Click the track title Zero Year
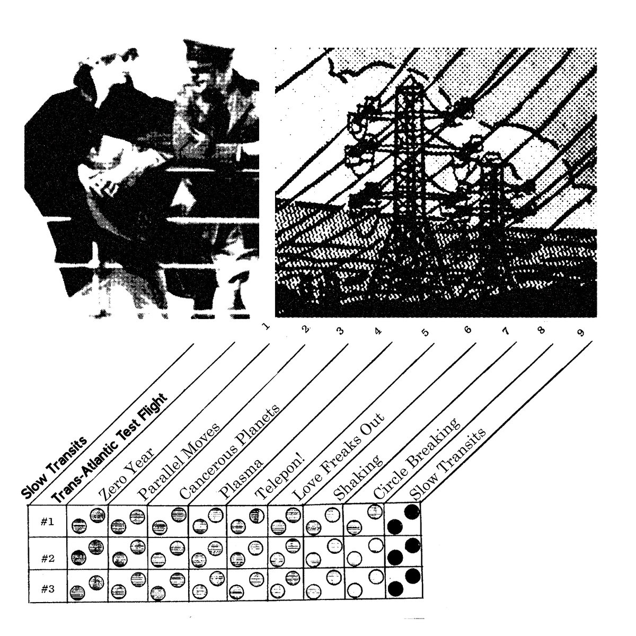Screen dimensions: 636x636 coord(127,474)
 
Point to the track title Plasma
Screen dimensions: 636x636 coord(241,479)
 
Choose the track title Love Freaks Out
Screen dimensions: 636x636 coord(339,456)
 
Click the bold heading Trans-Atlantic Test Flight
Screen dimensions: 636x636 coord(110,448)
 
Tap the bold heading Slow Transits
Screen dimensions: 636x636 coord(54,467)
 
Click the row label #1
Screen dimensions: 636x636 coord(47,522)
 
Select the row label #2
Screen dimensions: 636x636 coord(48,559)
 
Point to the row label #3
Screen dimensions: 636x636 coord(48,589)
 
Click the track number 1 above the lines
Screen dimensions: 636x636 coord(266,326)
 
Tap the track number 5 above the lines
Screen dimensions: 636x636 coord(426,332)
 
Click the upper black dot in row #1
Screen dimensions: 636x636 coord(412,512)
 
